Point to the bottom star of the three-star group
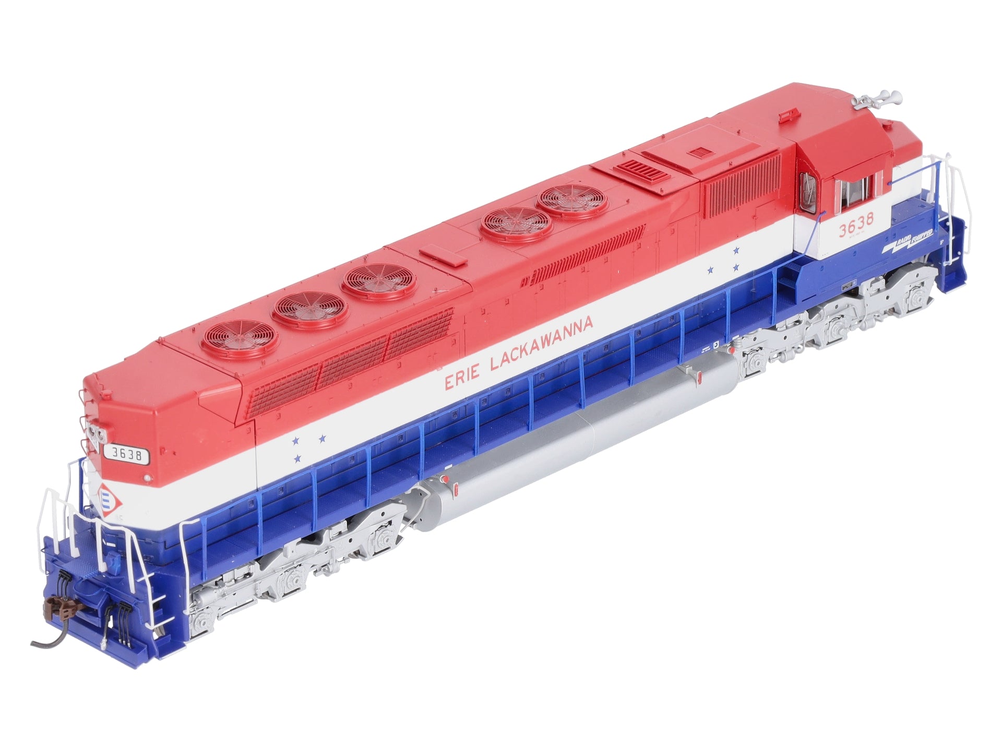tap(297, 458)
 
